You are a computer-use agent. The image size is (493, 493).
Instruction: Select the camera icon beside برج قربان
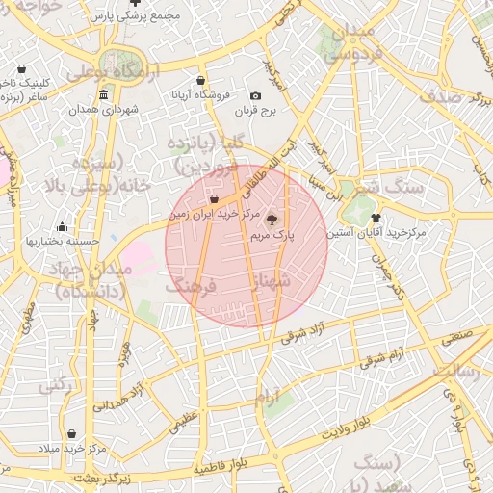(x=255, y=96)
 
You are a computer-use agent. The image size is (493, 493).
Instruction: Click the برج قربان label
(x=255, y=111)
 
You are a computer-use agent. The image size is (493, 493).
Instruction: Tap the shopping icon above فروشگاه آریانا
(x=199, y=80)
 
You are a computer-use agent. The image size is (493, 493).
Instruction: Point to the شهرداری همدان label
(x=103, y=109)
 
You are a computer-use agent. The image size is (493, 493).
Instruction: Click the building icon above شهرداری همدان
(x=103, y=94)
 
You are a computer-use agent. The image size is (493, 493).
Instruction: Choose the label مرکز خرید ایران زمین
(x=214, y=213)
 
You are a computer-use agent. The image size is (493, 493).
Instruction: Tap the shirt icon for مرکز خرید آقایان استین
(x=376, y=218)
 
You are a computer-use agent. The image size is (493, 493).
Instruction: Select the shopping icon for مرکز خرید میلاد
(x=76, y=434)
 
